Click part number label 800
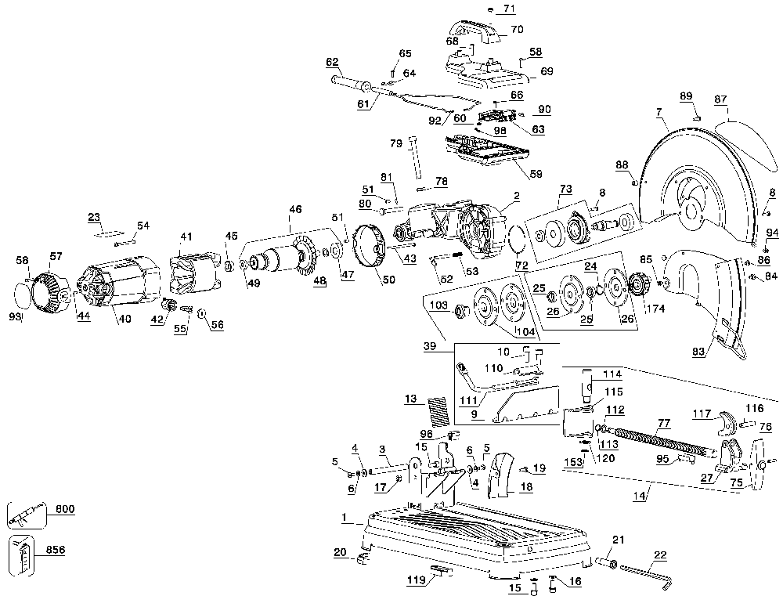point(65,510)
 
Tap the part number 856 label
point(56,550)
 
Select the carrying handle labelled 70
point(475,32)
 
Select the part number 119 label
point(416,580)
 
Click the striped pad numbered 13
point(438,411)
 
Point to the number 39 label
point(429,345)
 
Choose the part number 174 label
point(655,309)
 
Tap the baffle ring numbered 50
point(369,248)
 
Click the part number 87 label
point(720,99)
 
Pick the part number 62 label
point(332,62)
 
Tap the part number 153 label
point(573,463)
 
